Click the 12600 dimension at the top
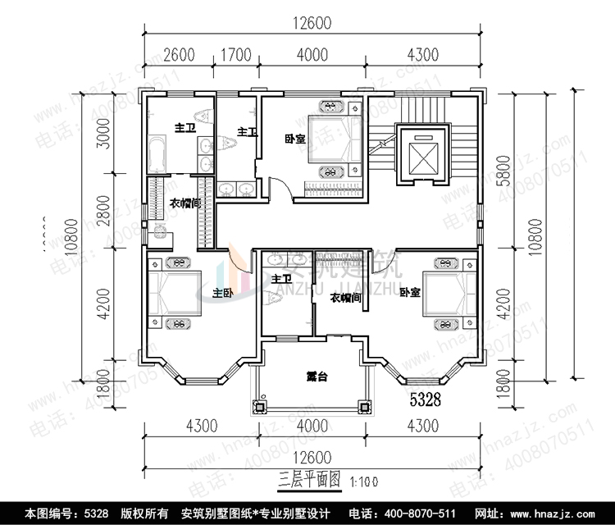coord(310,23)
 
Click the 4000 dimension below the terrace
coord(310,426)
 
